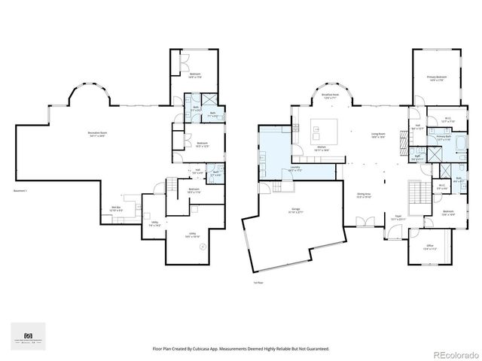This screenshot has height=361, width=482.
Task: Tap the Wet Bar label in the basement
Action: pyautogui.click(x=117, y=208)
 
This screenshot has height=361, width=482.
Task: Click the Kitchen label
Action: pyautogui.click(x=321, y=148)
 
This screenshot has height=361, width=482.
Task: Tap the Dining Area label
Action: pyautogui.click(x=366, y=194)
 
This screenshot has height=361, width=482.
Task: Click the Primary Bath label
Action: pyautogui.click(x=444, y=138)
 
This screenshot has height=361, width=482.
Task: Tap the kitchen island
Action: pyautogui.click(x=326, y=126)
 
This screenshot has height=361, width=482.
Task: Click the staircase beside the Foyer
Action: pyautogui.click(x=416, y=194)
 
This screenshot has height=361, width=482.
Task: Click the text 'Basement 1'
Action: pyautogui.click(x=20, y=191)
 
